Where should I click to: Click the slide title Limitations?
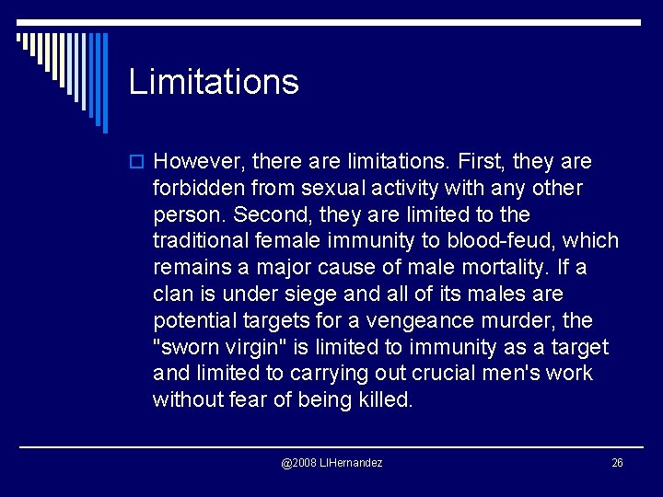click(214, 82)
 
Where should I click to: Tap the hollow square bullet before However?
click(138, 162)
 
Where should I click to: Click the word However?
click(197, 162)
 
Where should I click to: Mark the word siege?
click(305, 295)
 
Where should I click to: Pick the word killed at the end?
click(384, 400)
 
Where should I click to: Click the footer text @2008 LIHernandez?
click(331, 462)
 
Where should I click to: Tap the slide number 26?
click(617, 462)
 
